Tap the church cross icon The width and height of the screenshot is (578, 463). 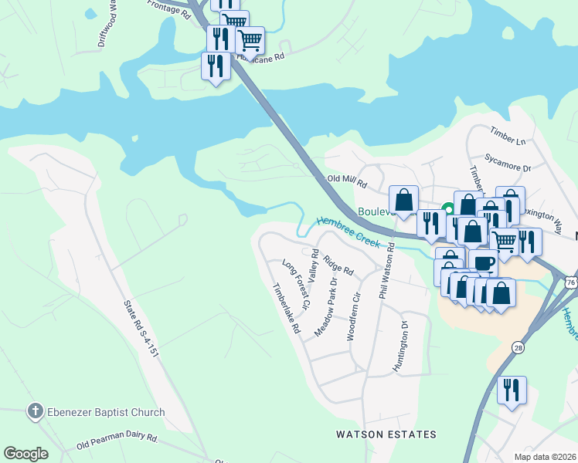tap(35, 411)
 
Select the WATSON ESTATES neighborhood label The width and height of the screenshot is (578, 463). tap(386, 435)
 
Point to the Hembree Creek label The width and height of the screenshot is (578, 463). tap(347, 231)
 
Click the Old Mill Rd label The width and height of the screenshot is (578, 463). tap(346, 182)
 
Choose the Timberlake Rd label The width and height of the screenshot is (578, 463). tap(285, 308)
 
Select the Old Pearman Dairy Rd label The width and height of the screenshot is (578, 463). tap(117, 442)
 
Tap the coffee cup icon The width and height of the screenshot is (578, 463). tap(484, 262)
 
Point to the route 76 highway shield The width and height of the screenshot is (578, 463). tap(570, 282)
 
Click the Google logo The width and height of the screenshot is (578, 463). tap(25, 454)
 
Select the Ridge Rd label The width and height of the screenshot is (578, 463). tap(338, 265)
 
